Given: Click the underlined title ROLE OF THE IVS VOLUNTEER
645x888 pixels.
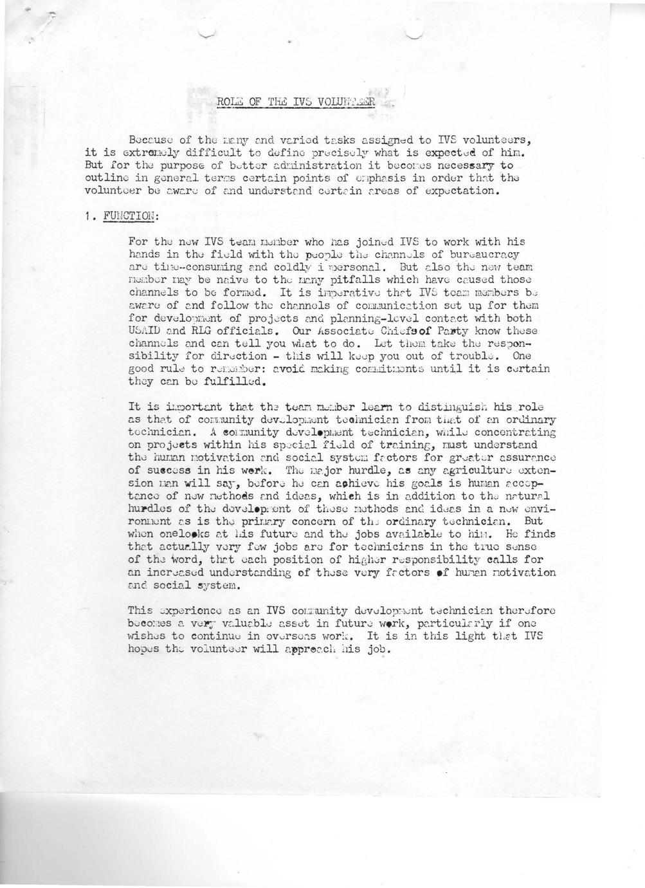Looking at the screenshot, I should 295,102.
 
